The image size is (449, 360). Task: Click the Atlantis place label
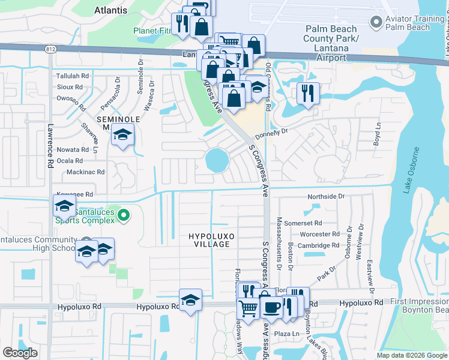tap(111, 10)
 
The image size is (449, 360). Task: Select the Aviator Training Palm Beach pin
tap(376, 22)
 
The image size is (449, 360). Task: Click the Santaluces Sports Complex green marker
tap(123, 215)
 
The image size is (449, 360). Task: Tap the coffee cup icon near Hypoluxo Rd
tap(271, 307)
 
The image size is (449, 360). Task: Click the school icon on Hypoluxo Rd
tap(190, 300)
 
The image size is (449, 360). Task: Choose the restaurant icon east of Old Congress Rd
tap(308, 93)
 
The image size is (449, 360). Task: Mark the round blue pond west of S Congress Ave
tap(216, 160)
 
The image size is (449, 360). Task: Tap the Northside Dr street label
tap(327, 196)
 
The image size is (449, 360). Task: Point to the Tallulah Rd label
tap(72, 76)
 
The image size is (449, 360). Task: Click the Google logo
tap(20, 352)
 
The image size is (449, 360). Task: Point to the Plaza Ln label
tap(287, 334)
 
